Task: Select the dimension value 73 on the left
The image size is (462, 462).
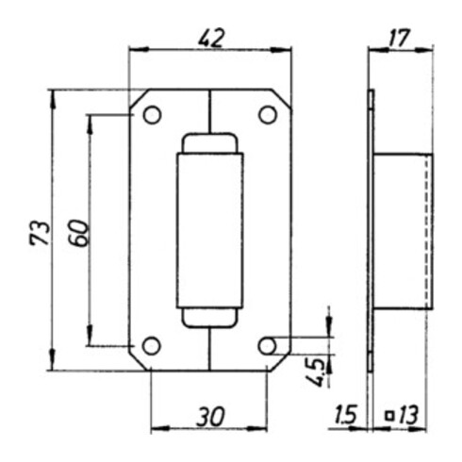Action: coord(39,232)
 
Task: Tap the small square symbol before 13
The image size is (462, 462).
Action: coord(388,414)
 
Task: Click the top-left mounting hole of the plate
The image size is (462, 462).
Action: coord(151,115)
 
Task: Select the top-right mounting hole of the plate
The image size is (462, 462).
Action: coord(268,115)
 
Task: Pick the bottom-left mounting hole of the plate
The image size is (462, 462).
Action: coord(151,346)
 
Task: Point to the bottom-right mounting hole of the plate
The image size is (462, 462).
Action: coord(268,346)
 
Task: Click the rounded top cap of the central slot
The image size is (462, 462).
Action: coord(209,143)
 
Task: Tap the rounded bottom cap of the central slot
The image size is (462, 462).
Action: coord(209,318)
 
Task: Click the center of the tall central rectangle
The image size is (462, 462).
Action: coord(209,230)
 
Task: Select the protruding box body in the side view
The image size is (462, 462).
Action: coord(404,231)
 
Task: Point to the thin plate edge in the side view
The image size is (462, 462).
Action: coord(371,231)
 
